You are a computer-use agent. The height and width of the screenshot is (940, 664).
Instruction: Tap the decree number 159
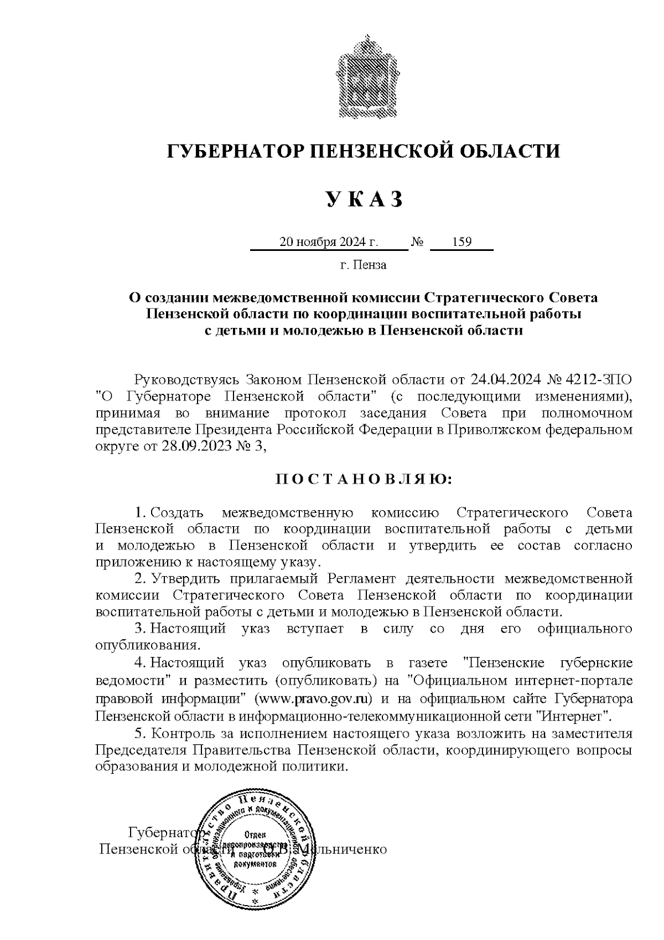pyautogui.click(x=461, y=242)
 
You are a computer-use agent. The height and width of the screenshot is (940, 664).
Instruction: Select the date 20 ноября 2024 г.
pyautogui.click(x=329, y=242)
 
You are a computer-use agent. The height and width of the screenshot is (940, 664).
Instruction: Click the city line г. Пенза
pyautogui.click(x=363, y=265)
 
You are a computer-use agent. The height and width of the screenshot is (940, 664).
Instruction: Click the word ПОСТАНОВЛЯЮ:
pyautogui.click(x=364, y=478)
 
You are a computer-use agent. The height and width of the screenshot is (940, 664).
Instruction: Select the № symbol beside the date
pyautogui.click(x=418, y=242)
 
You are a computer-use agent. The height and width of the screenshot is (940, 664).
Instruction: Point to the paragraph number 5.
pyautogui.click(x=139, y=733)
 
